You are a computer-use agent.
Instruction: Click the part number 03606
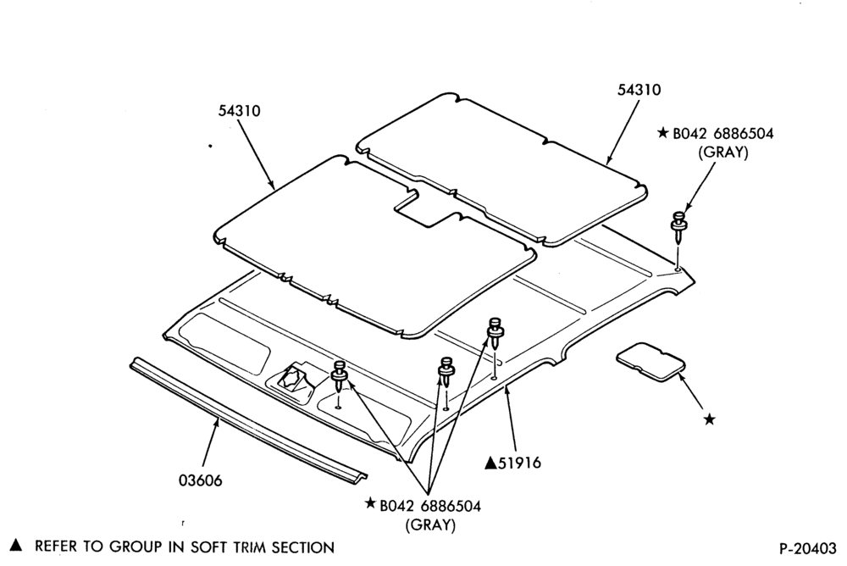point(201,480)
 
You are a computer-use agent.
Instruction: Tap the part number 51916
point(519,463)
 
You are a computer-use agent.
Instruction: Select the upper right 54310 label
point(639,89)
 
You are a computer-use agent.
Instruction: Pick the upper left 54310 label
point(240,111)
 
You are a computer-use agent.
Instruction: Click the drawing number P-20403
point(808,548)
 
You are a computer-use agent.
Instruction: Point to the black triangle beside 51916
point(491,463)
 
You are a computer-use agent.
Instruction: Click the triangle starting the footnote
point(17,545)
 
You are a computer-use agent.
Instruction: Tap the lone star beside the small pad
point(709,419)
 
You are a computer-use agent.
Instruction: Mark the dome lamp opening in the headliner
point(293,377)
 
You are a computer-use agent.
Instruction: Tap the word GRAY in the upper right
point(723,153)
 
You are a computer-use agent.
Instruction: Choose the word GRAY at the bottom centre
point(430,525)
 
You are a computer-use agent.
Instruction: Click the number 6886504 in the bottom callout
point(450,506)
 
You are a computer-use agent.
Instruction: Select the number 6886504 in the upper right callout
point(743,134)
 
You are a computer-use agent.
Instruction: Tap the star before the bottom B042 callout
point(371,503)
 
